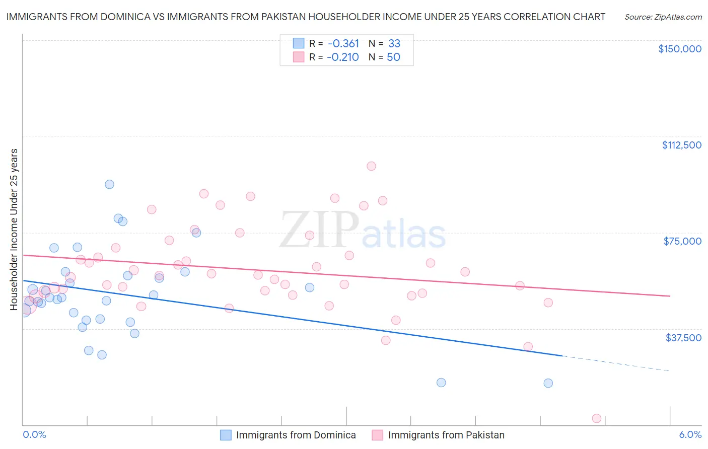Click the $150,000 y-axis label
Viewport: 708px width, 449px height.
click(x=679, y=49)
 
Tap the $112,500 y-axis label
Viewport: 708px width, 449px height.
click(x=681, y=145)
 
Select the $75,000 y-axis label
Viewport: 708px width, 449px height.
click(x=682, y=241)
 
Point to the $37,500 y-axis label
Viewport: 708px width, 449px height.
click(x=683, y=338)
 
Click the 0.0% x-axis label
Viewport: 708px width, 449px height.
click(x=34, y=434)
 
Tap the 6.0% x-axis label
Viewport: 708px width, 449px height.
click(x=690, y=434)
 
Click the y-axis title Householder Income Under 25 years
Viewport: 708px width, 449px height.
click(x=14, y=229)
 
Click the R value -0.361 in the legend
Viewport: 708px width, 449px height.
click(x=342, y=43)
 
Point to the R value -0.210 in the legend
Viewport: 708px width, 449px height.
click(x=342, y=57)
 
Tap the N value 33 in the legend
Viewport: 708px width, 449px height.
click(x=394, y=43)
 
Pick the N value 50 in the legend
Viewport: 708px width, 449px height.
click(x=393, y=57)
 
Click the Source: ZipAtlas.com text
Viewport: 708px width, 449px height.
click(x=663, y=17)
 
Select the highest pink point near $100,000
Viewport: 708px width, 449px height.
click(x=371, y=166)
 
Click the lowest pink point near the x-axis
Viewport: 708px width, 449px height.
click(x=597, y=418)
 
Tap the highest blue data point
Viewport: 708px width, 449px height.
click(x=109, y=184)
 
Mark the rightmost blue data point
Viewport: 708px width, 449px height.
click(x=548, y=383)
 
